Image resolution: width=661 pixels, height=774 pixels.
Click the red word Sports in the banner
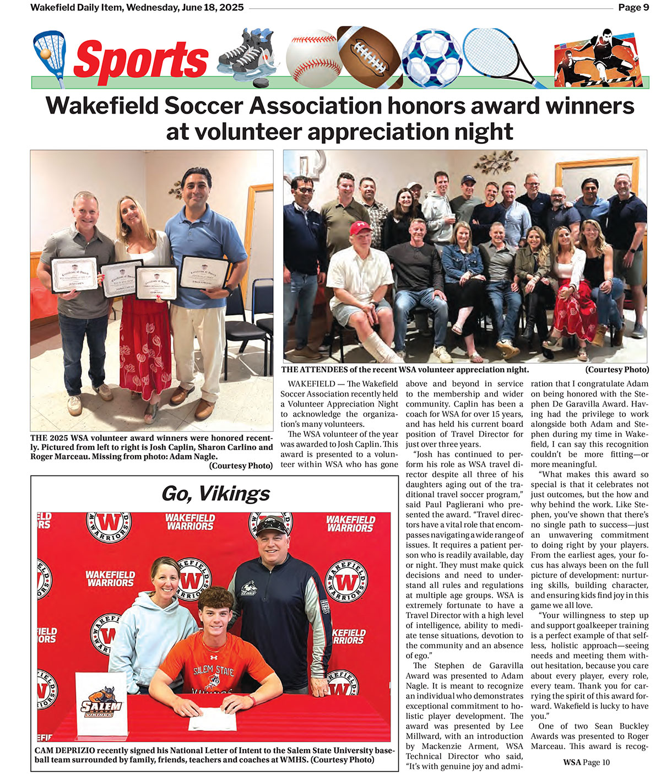pyautogui.click(x=141, y=59)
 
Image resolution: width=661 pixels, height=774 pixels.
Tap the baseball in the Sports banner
pyautogui.click(x=313, y=56)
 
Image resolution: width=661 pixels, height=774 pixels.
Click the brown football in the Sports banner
pyautogui.click(x=370, y=55)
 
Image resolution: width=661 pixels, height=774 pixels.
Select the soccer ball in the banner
pyautogui.click(x=431, y=57)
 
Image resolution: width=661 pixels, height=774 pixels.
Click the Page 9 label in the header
pyautogui.click(x=633, y=7)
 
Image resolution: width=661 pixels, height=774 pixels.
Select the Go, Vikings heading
pyautogui.click(x=215, y=493)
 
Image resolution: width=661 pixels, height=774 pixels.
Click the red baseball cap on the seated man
pyautogui.click(x=361, y=227)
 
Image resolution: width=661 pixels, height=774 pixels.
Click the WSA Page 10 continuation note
pyautogui.click(x=586, y=762)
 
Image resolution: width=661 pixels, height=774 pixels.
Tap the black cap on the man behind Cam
pyautogui.click(x=272, y=524)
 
